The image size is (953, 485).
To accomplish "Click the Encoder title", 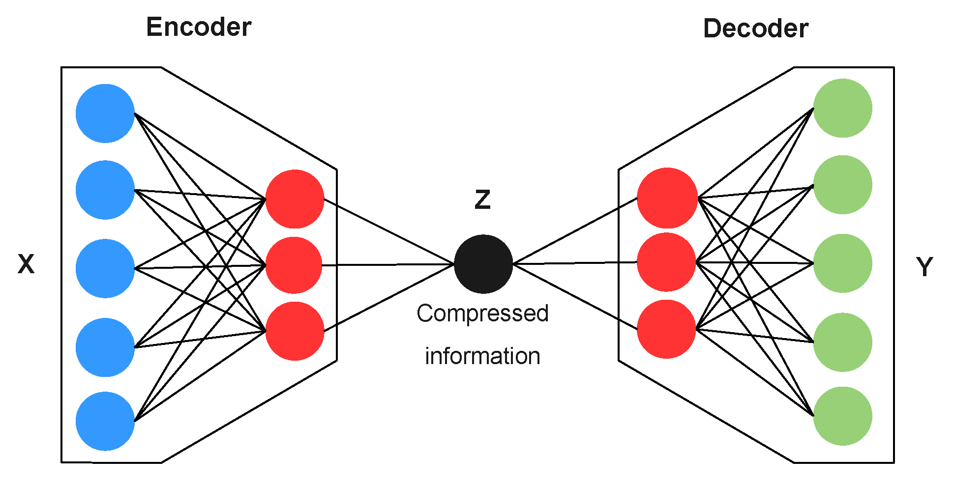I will coord(199,27).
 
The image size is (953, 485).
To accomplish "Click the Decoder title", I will coord(755,29).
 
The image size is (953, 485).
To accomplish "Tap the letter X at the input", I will coord(26,264).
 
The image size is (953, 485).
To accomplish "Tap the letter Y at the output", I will coord(924,267).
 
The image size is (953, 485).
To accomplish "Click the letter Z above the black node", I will coord(482,200).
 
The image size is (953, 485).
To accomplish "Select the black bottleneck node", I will coord(483,264).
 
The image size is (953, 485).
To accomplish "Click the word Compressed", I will coord(482,314).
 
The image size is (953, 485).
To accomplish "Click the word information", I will coord(482,356).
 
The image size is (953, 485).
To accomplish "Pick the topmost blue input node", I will coord(105,114).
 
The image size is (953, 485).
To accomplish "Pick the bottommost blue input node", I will coord(105,421).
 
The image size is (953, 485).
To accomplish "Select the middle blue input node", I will coord(105,268).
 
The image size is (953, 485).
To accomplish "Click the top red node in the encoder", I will coord(295,199).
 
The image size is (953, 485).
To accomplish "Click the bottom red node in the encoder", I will coord(295,331).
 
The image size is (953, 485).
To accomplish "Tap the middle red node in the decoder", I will coord(666,262).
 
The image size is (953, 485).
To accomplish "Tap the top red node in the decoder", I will coord(667,198).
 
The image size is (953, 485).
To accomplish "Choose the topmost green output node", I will coord(842,108).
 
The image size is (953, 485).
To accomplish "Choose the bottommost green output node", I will coord(842,416).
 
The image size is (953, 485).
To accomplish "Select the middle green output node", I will coord(842,263).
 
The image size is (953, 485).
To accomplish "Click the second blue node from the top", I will coord(105,190).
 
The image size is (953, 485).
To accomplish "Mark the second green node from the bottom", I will coord(842,342).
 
